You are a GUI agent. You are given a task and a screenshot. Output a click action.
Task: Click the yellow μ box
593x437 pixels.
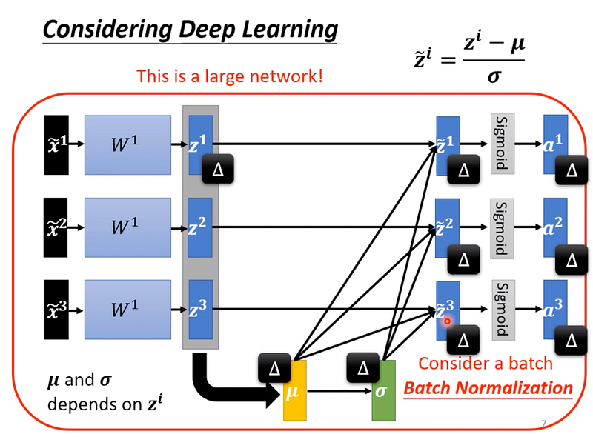[295, 390]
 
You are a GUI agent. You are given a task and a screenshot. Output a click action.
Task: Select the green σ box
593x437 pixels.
[383, 390]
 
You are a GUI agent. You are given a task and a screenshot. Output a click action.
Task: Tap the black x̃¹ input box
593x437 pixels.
[56, 144]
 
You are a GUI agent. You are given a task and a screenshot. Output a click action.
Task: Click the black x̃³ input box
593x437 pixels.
[56, 310]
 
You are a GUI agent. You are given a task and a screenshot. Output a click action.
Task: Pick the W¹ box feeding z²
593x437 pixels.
[127, 227]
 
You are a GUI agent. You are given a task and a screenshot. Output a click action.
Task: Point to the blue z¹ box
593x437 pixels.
[200, 144]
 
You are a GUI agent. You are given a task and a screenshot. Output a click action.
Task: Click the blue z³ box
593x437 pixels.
[200, 310]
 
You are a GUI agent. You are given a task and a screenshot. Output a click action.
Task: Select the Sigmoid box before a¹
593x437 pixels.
[503, 144]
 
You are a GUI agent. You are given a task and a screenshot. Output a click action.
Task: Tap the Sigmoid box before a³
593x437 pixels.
[503, 310]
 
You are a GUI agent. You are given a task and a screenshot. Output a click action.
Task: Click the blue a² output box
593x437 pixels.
[555, 227]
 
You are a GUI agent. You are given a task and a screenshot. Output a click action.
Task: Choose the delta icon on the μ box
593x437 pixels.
[274, 368]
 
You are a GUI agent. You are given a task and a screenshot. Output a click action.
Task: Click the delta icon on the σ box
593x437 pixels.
[363, 368]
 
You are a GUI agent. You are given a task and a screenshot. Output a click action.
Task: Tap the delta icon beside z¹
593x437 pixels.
[218, 170]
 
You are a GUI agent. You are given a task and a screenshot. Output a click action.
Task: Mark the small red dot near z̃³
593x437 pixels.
[448, 321]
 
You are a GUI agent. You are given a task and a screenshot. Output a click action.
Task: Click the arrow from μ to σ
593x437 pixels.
[339, 391]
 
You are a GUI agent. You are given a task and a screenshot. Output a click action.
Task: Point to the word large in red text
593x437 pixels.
[225, 77]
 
